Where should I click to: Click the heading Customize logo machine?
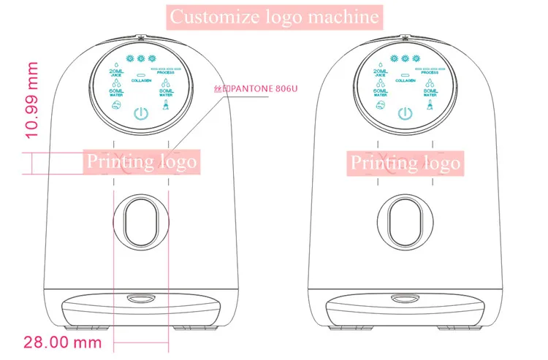coord(274,15)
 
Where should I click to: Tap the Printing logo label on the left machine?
coord(142,161)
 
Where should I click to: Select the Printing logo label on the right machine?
coord(404,161)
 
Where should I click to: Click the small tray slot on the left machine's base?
coord(140,298)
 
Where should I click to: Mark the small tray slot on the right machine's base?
coord(404,298)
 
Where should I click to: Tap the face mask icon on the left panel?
coord(116,107)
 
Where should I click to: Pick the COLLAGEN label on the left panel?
coord(142,80)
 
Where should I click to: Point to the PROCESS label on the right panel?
coord(428,73)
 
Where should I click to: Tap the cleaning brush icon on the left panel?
coord(166,107)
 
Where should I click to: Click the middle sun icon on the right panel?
coord(404,57)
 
